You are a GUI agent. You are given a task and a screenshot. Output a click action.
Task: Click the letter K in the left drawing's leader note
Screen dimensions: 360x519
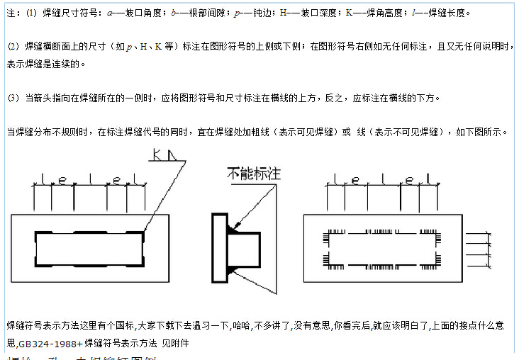(154, 153)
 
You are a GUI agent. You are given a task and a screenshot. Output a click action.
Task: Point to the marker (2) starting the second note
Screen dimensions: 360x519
(13, 47)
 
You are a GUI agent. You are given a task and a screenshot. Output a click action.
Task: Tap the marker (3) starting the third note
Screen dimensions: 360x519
(13, 98)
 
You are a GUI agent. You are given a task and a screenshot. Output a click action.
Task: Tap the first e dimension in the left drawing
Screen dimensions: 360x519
(63, 181)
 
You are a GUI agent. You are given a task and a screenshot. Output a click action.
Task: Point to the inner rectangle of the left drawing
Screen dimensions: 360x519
(86, 249)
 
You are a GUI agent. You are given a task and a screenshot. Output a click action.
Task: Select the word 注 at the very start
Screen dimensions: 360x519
(9, 13)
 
